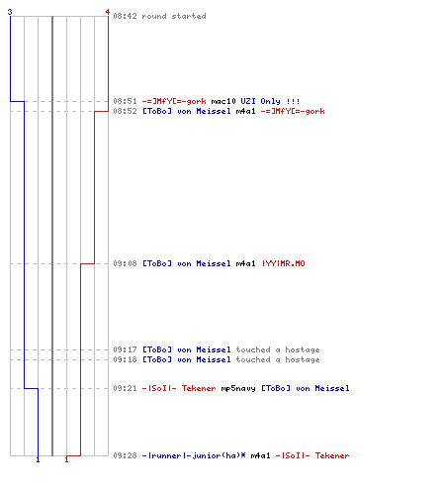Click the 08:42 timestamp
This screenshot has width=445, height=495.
(125, 16)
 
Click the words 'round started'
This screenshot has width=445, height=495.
(174, 16)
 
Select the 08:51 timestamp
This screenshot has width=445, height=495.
(125, 101)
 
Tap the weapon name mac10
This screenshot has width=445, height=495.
(223, 101)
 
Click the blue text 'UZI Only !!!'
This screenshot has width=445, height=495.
(270, 101)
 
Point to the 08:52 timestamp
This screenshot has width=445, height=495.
(125, 111)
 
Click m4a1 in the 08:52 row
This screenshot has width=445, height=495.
(245, 111)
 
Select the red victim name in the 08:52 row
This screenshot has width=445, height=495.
(293, 111)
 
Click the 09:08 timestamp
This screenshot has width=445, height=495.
(125, 263)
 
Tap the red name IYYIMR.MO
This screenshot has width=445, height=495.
(284, 263)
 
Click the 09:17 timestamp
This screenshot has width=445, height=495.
(125, 349)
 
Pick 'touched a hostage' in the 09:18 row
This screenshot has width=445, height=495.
(278, 359)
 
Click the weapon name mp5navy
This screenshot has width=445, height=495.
(238, 389)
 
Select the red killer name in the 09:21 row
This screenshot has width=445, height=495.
(179, 388)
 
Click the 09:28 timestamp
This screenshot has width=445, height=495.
(125, 455)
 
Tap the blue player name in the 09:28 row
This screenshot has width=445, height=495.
(194, 455)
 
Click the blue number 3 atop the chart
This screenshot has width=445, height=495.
(10, 12)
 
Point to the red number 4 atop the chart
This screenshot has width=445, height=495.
(108, 12)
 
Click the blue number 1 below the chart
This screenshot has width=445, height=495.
(38, 459)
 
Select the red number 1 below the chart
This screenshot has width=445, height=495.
(66, 459)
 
